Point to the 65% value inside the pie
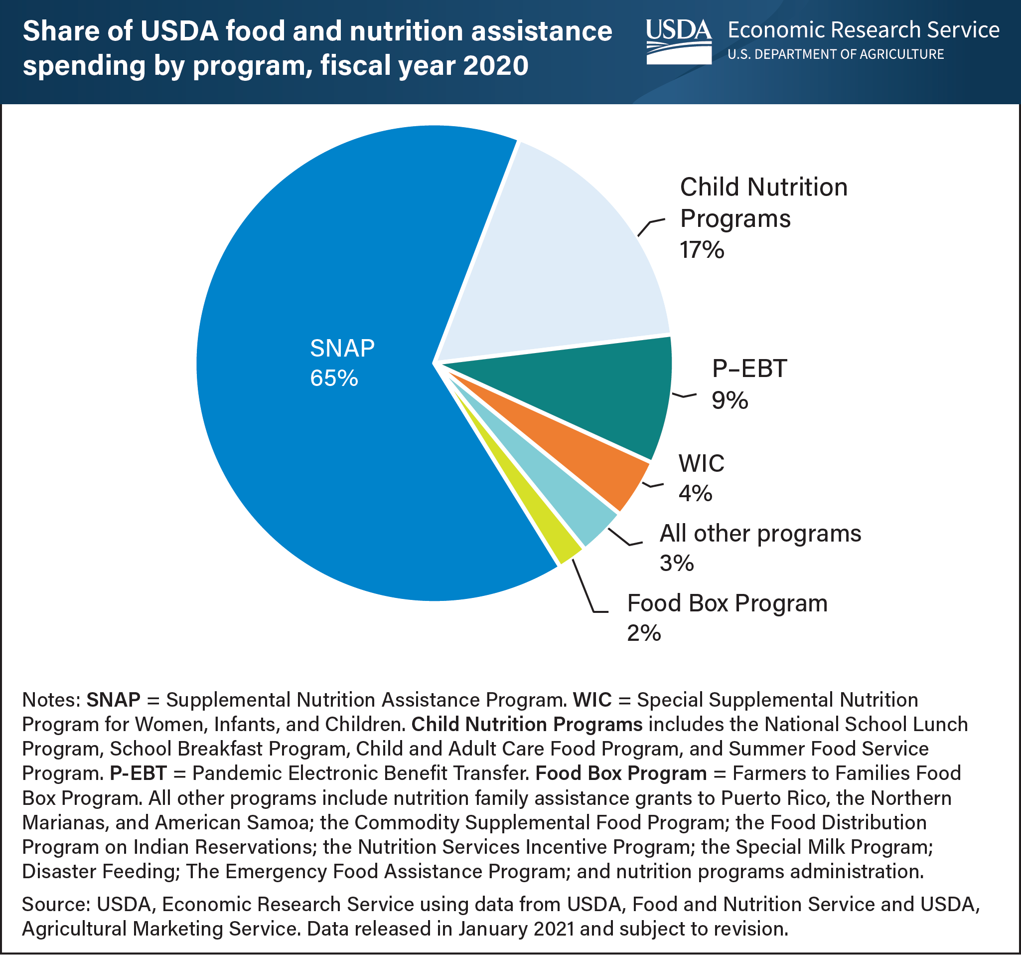point(334,379)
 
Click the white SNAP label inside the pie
point(342,349)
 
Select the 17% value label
point(702,250)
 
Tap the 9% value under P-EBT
point(729,400)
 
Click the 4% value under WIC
point(696,493)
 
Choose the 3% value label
point(676,564)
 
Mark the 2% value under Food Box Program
point(643,633)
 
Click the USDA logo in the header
point(679,41)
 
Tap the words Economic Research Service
point(864,30)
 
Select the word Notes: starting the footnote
point(51,700)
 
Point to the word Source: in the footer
point(55,904)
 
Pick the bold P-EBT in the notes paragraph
point(138,773)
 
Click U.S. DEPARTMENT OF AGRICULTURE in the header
point(836,54)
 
